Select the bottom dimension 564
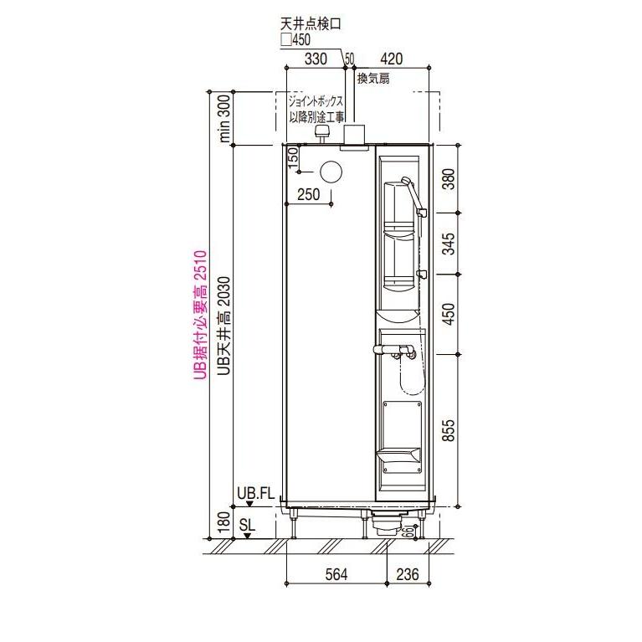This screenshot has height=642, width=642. pyautogui.click(x=336, y=573)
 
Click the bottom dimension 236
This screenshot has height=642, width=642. pyautogui.click(x=408, y=573)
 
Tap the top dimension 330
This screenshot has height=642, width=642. pyautogui.click(x=315, y=59)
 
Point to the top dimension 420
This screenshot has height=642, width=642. pyautogui.click(x=392, y=59)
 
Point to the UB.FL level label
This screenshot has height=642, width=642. pyautogui.click(x=255, y=493)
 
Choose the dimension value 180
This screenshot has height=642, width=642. pyautogui.click(x=223, y=524)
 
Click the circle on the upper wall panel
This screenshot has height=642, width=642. pyautogui.click(x=331, y=171)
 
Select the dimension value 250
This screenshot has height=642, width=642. pyautogui.click(x=308, y=194)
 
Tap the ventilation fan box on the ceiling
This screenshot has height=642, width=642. pyautogui.click(x=356, y=134)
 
